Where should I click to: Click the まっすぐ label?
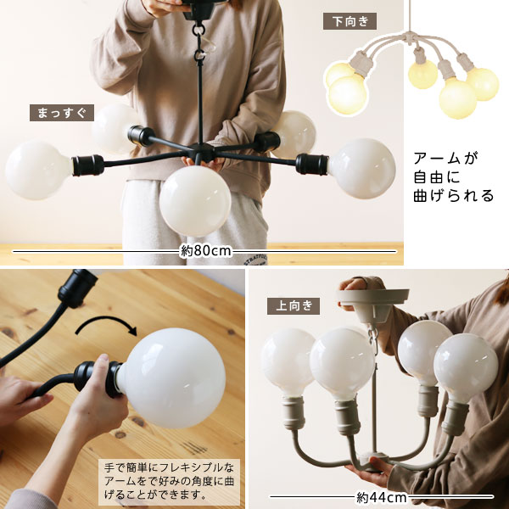62,113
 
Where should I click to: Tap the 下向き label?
350,21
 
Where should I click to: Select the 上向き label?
294,306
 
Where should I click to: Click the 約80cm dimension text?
206,251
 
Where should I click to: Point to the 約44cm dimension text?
381,497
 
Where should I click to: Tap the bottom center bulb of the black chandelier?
195,200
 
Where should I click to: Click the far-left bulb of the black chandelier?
38,171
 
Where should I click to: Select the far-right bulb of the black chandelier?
362,169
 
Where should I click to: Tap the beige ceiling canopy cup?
373,304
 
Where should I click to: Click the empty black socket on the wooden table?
77,288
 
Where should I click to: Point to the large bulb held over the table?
171,378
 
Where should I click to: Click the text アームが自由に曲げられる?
453,177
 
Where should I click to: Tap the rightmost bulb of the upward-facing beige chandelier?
466,368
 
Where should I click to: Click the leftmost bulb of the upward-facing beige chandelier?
287,362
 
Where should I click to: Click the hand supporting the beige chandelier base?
370,467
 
